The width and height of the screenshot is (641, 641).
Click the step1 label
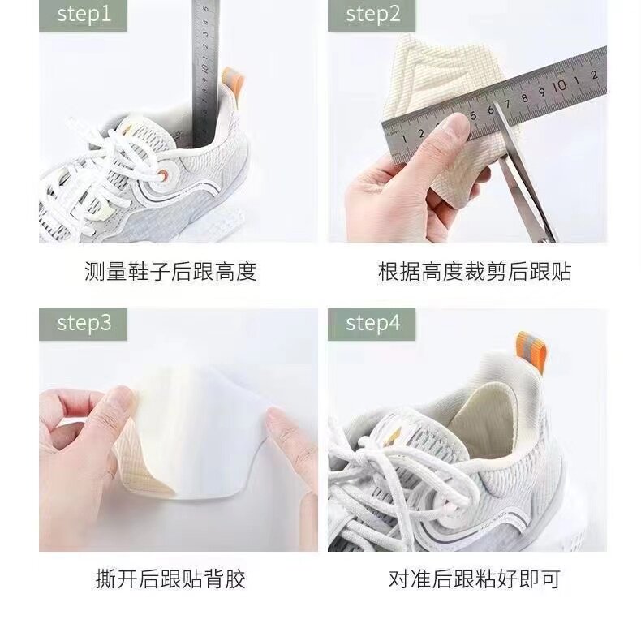83,15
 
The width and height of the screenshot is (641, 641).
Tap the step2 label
372,15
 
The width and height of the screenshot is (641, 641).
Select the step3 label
83,324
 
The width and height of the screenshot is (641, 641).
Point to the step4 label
372,324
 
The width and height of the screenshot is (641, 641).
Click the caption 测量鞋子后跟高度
170,271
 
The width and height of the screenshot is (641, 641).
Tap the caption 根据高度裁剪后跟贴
475,271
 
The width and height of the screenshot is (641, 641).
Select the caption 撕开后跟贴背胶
170,579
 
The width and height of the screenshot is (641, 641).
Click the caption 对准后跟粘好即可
475,579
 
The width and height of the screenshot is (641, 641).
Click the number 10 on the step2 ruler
559,86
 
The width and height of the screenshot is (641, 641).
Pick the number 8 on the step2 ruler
524,97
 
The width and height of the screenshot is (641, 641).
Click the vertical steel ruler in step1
205,74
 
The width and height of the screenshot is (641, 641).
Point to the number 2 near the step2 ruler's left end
421,133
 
